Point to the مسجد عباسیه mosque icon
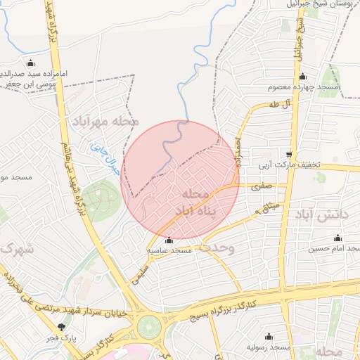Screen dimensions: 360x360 tap(168, 240)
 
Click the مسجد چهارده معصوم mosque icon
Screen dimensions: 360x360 tap(302, 77)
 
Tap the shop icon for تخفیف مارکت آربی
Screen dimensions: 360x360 tap(289, 155)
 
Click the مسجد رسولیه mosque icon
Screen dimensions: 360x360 tap(269, 337)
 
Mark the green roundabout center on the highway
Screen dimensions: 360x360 tap(149, 326)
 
